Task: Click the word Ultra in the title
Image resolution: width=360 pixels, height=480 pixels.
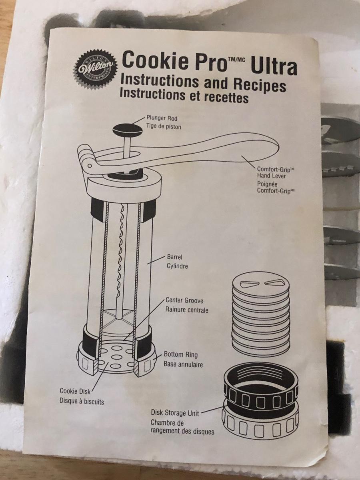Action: [274, 66]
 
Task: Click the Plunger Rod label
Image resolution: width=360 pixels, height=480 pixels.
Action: [162, 118]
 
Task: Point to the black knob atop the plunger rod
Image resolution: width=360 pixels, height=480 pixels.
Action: [128, 131]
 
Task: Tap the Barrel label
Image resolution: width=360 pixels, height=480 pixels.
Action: [174, 257]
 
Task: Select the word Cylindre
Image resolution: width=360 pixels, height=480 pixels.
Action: [177, 266]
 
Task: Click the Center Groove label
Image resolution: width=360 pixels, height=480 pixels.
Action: [184, 300]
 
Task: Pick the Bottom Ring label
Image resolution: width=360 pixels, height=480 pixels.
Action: [180, 354]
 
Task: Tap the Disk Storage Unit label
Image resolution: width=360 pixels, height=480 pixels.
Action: [175, 413]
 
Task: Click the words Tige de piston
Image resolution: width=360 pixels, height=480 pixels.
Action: [164, 127]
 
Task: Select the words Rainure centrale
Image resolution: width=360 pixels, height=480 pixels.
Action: [187, 310]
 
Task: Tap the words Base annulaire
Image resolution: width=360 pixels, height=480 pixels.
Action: [183, 364]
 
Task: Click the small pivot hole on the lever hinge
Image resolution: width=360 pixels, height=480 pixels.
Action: [89, 166]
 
